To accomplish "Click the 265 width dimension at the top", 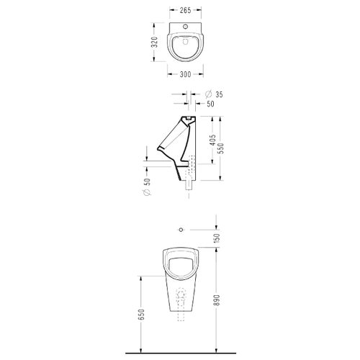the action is click(x=185, y=10).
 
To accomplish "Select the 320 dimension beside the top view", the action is click(x=156, y=42).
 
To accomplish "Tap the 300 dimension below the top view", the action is click(x=185, y=74).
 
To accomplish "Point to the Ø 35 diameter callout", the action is click(x=214, y=94).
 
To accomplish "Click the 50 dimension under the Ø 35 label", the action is click(x=210, y=104).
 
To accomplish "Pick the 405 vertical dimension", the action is click(x=212, y=140).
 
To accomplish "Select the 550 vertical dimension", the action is click(x=221, y=148).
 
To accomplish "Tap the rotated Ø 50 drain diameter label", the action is click(x=148, y=186).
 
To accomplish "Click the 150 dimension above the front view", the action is click(x=217, y=238).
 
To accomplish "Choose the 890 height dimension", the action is click(x=217, y=300).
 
